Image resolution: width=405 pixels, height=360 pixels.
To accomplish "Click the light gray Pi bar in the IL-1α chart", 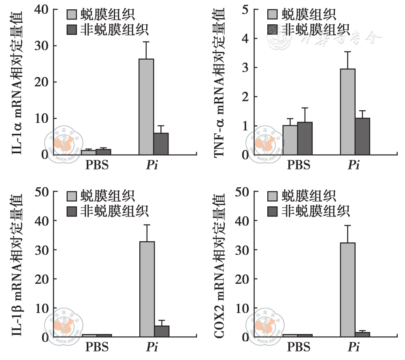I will point(146,107).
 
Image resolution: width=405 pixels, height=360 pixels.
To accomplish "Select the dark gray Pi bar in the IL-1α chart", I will point(161,144).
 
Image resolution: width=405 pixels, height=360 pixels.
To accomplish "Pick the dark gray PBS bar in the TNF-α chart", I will point(305,139).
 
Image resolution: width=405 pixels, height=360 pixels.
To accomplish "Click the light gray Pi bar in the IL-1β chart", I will point(147,289).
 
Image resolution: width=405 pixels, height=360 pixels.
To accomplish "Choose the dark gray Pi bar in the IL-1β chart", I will point(162,331).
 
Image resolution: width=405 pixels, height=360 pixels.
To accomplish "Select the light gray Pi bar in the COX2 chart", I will point(348,289).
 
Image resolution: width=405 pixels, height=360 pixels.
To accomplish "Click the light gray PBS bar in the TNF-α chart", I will point(290,140).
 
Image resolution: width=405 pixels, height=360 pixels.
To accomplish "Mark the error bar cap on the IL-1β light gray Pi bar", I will point(147,225).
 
